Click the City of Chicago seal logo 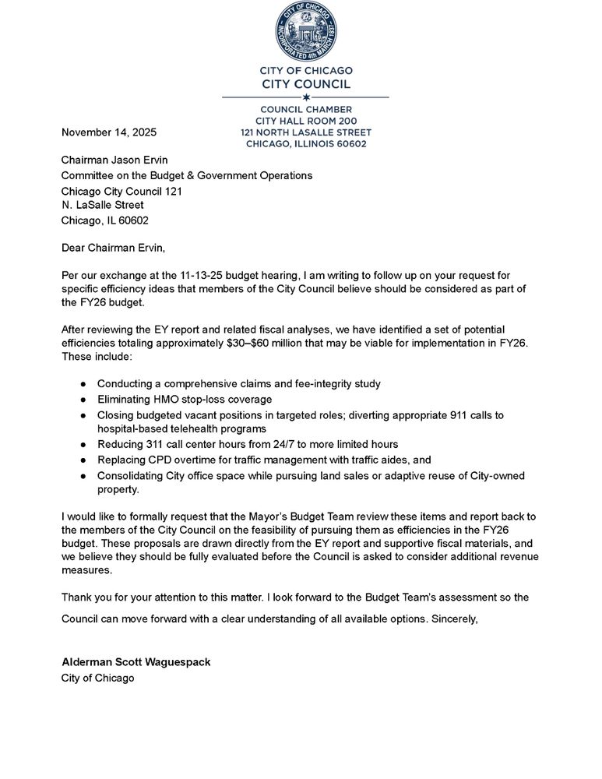tap(305, 31)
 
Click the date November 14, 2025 tap(109, 133)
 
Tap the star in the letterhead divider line tap(306, 97)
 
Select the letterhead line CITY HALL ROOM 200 tap(306, 122)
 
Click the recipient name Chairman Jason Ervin tap(114, 160)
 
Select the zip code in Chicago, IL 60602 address tap(133, 220)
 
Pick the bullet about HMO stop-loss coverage tap(185, 400)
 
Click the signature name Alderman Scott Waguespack tap(136, 662)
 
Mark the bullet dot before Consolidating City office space tap(83, 476)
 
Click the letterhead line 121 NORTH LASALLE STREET tap(306, 132)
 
